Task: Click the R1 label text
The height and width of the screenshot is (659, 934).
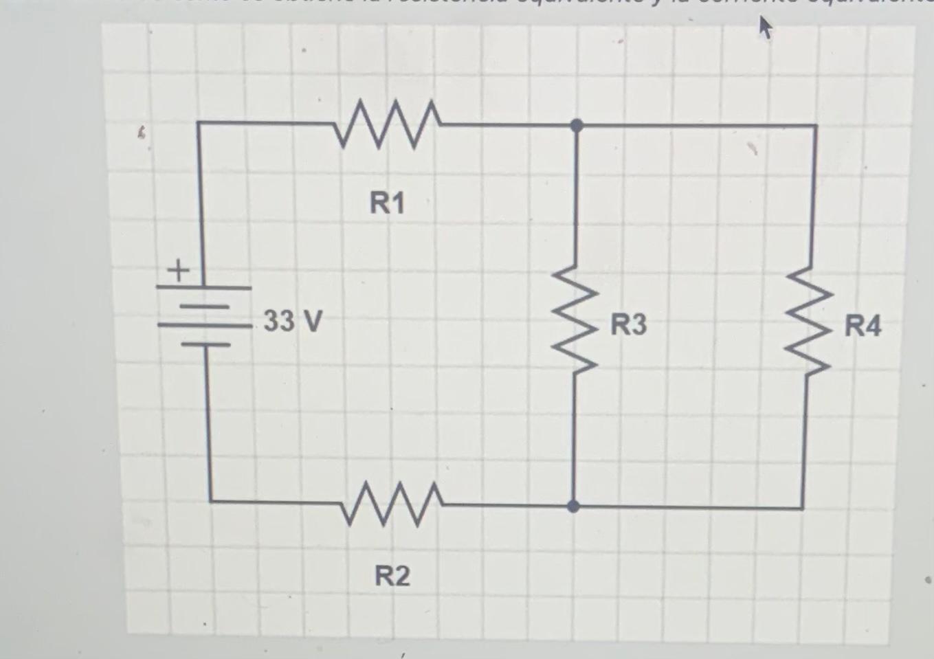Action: [x=388, y=203]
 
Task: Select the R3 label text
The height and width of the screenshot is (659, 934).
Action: [x=629, y=324]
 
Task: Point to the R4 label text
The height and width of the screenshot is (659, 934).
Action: [x=863, y=325]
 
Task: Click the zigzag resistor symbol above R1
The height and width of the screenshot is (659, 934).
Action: [x=387, y=124]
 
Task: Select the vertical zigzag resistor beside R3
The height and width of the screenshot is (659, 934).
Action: [x=576, y=320]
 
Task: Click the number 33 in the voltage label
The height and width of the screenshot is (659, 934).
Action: [x=279, y=320]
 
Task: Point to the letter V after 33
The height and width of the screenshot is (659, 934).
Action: [x=311, y=320]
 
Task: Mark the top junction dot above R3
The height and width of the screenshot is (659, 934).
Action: [x=577, y=125]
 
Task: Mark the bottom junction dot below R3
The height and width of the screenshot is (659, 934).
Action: [x=573, y=506]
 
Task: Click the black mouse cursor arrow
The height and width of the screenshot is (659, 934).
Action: [x=765, y=29]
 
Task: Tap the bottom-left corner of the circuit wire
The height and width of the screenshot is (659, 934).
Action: [x=210, y=500]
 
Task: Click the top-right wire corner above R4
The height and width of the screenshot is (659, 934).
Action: [x=816, y=126]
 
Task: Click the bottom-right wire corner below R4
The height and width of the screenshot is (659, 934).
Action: [x=803, y=508]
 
